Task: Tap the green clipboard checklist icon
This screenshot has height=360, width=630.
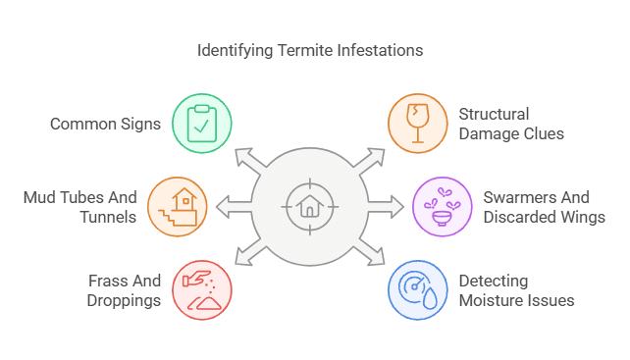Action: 202,124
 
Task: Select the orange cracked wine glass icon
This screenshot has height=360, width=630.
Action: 416,124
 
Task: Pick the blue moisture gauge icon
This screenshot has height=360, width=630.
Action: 416,289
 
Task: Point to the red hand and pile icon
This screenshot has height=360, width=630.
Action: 202,289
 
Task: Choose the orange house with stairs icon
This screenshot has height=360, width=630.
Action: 177,206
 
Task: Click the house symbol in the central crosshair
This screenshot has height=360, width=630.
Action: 309,207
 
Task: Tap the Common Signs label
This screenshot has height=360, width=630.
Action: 105,125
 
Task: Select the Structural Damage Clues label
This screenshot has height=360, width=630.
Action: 511,124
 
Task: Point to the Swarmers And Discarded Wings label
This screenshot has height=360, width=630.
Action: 544,207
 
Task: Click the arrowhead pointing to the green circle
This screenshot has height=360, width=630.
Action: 242,157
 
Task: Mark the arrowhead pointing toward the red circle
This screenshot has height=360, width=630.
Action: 242,257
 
